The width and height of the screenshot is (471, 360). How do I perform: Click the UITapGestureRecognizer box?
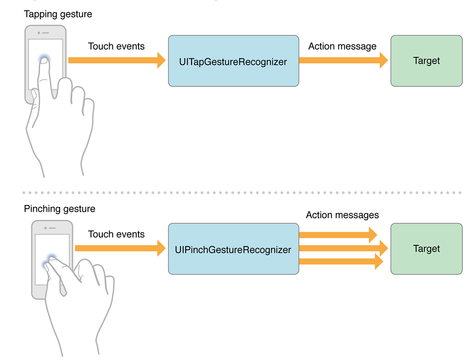(x=233, y=61)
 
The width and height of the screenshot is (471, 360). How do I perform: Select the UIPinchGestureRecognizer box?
(x=233, y=249)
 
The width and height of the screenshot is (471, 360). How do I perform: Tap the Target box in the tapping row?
(x=426, y=61)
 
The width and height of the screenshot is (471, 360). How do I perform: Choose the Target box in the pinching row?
(x=426, y=249)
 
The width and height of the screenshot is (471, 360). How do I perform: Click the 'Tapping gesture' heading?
(x=58, y=15)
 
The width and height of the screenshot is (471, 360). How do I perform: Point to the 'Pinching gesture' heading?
(x=60, y=208)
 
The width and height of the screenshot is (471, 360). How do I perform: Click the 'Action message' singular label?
(x=342, y=46)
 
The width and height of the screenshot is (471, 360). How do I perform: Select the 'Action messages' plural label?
(x=342, y=215)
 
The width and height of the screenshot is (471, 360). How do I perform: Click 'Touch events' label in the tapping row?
(x=116, y=46)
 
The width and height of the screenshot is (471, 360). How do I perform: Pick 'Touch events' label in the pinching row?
(x=116, y=234)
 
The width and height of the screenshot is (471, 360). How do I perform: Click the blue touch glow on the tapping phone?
(x=44, y=59)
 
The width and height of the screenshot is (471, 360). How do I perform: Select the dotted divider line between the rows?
(x=242, y=193)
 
